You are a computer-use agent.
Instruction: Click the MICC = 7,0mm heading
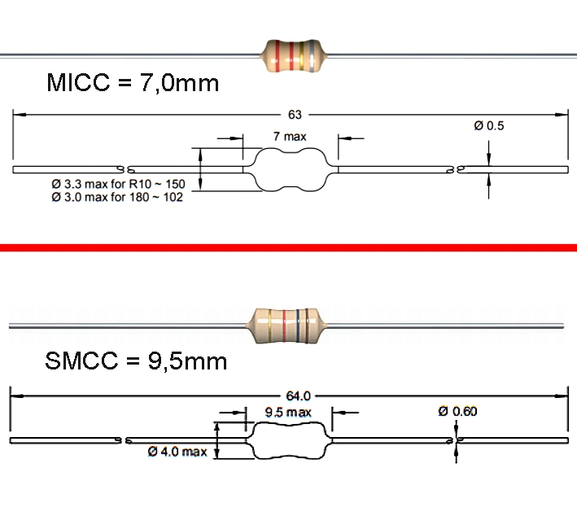pos(133,82)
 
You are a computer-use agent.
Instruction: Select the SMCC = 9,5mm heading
pos(134,361)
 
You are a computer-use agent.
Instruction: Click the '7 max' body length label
pos(290,138)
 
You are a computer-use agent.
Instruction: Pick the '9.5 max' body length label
pos(289,413)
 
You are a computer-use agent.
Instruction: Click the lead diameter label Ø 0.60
pos(457,411)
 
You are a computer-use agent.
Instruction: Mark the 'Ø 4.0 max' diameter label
pos(177,451)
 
